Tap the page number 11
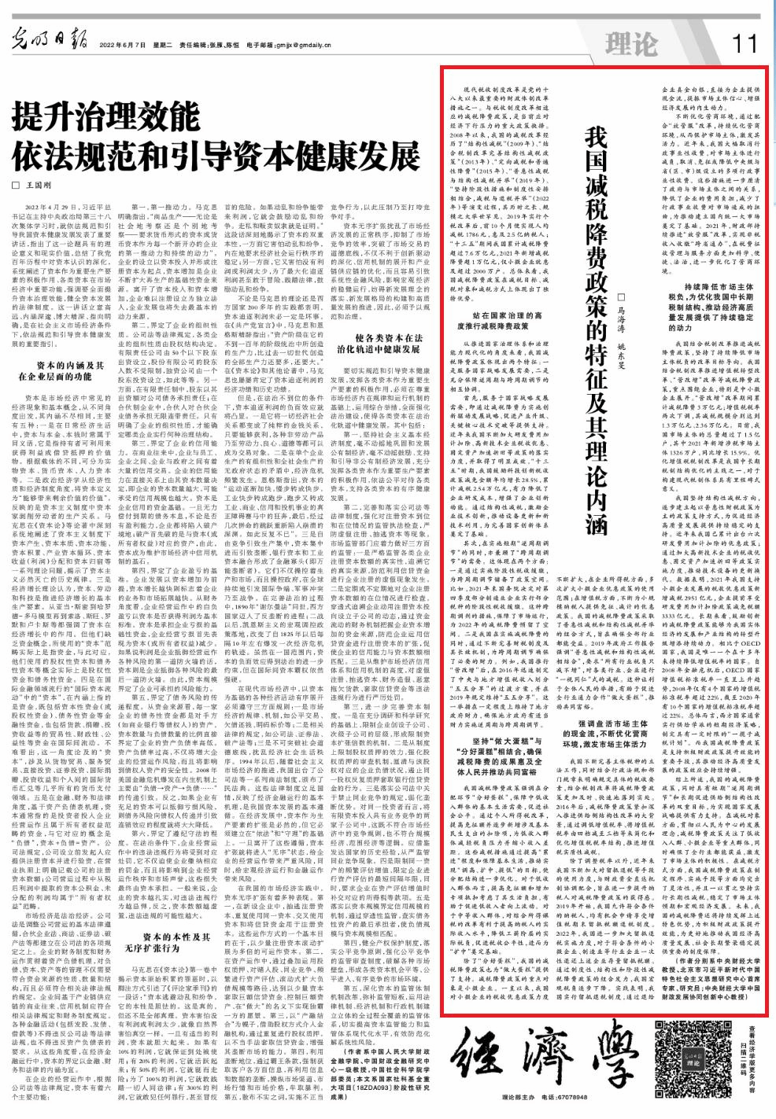click(x=743, y=39)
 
